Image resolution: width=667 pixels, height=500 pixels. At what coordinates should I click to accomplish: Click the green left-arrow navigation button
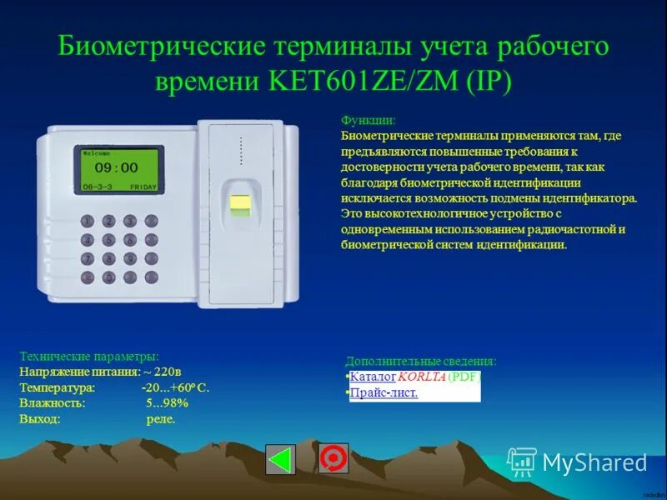(x=280, y=459)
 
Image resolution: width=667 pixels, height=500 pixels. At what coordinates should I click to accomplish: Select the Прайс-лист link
(x=384, y=392)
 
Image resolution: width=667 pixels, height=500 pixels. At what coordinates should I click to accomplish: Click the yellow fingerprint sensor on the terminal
(x=241, y=202)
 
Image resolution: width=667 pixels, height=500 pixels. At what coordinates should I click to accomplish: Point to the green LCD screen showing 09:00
(x=118, y=170)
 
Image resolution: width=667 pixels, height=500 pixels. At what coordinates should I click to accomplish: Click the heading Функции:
(x=369, y=121)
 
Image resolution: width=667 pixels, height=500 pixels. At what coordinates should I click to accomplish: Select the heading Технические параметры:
(x=88, y=357)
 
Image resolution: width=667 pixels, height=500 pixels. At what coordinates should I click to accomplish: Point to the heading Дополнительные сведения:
(x=420, y=361)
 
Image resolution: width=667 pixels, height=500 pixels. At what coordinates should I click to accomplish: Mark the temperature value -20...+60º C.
(x=175, y=387)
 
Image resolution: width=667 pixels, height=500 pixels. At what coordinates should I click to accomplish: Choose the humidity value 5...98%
(x=167, y=403)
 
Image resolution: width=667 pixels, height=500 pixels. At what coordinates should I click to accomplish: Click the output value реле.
(x=161, y=419)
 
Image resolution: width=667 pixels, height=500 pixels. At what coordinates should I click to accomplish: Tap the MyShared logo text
(x=594, y=462)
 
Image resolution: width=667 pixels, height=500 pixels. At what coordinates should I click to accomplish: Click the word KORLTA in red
(x=422, y=377)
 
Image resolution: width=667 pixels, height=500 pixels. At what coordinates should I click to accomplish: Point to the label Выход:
(x=40, y=419)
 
